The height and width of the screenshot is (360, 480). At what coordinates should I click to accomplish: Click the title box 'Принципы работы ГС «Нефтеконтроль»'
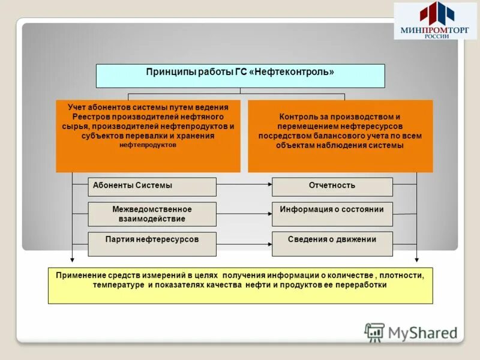[240, 76]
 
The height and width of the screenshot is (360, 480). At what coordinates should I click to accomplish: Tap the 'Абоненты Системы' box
[152, 187]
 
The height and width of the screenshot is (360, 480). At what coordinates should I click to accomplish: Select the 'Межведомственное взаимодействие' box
[152, 214]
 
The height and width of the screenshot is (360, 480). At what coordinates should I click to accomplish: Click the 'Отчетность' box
[332, 187]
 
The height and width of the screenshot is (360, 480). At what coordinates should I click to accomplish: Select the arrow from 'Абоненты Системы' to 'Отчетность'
[243, 186]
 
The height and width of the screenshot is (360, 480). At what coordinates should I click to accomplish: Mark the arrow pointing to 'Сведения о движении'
[243, 244]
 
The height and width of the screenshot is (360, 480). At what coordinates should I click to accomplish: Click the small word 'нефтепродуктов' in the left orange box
[148, 145]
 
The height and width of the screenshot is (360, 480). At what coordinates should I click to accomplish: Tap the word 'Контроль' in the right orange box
[299, 116]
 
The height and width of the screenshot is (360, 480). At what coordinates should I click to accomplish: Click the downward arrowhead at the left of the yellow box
[72, 260]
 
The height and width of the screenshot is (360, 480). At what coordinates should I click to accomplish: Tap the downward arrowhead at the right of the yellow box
[416, 260]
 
